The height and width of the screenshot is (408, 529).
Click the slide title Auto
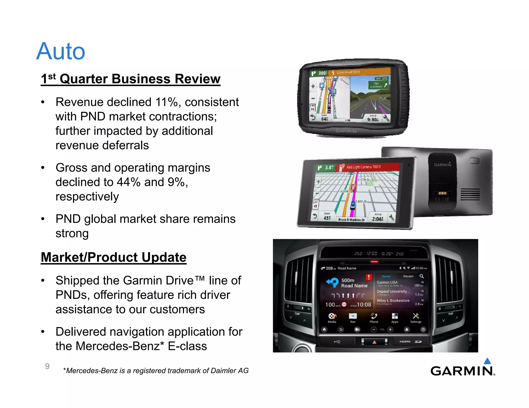(x=61, y=51)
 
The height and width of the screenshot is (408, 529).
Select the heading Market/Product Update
(x=114, y=257)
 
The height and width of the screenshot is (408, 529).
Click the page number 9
(x=47, y=366)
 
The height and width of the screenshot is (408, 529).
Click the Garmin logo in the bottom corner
(x=462, y=371)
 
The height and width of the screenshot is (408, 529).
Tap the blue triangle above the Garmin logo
(x=487, y=361)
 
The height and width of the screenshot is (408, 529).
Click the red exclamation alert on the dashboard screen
(x=369, y=277)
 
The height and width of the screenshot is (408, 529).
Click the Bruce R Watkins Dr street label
(x=351, y=220)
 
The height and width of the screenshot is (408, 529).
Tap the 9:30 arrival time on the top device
(x=372, y=120)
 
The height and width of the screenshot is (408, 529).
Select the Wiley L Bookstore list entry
(x=393, y=301)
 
